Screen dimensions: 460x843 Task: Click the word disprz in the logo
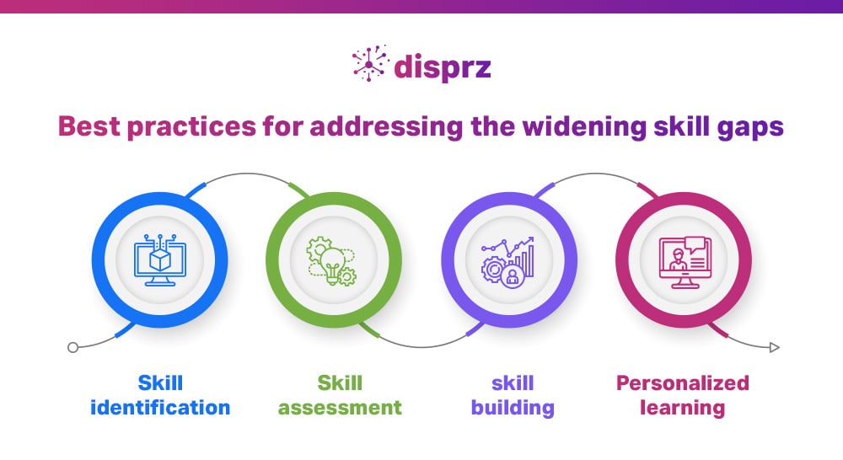441,66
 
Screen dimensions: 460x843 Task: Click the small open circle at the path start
72,347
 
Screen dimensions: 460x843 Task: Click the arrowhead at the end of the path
775,347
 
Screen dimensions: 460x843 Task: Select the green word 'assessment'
340,408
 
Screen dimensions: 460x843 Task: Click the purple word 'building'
513,408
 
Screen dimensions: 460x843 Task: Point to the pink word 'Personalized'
682,383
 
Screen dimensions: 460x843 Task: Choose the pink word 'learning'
682,408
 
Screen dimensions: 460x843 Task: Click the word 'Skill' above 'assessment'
340,382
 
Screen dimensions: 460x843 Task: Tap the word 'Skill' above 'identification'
159,382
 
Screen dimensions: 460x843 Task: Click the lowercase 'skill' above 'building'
513,382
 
